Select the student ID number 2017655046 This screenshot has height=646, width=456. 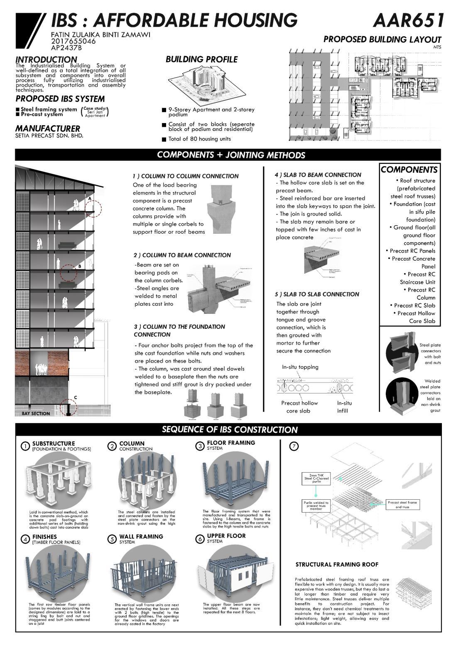(73, 41)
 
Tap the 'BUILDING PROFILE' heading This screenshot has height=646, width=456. (201, 59)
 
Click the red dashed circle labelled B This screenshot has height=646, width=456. (69, 274)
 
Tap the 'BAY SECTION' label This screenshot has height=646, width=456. (36, 414)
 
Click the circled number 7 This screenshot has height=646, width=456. (294, 446)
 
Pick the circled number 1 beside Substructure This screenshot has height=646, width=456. (25, 446)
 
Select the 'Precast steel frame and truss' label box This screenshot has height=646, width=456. (402, 505)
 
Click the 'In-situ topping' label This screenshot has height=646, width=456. (300, 367)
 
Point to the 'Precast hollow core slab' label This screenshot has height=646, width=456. (299, 407)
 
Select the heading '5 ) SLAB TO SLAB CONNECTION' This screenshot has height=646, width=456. (317, 294)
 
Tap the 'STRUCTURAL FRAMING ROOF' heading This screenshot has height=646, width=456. (337, 565)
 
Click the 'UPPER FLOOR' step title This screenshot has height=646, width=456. (226, 536)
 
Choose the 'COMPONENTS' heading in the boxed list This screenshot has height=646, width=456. (409, 170)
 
